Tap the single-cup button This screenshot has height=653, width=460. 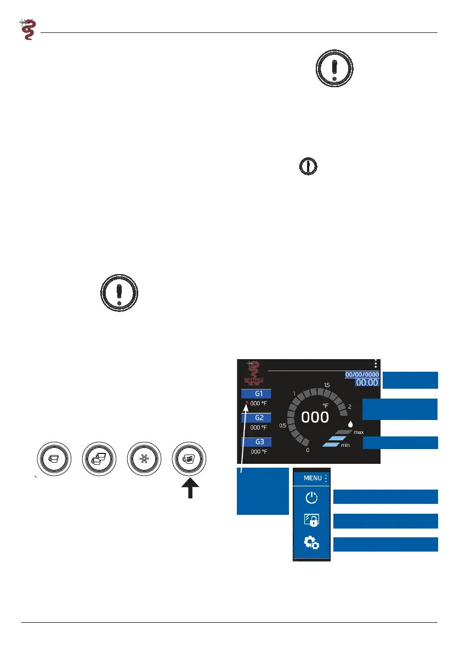(x=55, y=459)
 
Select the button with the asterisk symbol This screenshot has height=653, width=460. (x=145, y=459)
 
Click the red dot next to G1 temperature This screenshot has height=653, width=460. (x=247, y=403)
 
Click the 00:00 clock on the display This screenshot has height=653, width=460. (x=367, y=383)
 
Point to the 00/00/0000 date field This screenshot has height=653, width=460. (x=362, y=374)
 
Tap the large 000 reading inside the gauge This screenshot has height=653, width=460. (x=315, y=417)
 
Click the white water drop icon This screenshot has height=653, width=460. (x=350, y=424)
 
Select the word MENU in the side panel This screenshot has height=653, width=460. (x=313, y=478)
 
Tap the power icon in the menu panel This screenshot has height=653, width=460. (x=311, y=498)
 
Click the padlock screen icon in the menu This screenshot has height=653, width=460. (x=311, y=520)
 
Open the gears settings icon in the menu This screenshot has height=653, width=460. (x=311, y=543)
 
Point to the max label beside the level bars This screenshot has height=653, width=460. (x=359, y=433)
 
